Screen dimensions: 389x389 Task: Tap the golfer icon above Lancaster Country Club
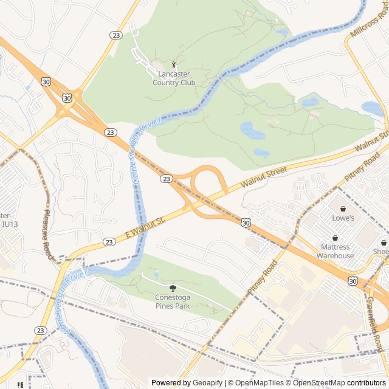point(174,64)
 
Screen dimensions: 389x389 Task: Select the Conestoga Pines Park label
point(172,301)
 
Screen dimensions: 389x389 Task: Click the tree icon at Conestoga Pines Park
point(173,288)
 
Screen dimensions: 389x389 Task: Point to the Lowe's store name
point(343,218)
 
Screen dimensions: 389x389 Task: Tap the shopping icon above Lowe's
point(343,208)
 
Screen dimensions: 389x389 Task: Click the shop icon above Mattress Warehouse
point(335,238)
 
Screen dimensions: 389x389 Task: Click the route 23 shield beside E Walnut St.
point(109,241)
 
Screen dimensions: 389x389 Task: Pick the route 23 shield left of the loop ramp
point(166,179)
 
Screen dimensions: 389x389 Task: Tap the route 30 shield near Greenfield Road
point(353,280)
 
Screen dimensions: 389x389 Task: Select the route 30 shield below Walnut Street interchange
point(244,224)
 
